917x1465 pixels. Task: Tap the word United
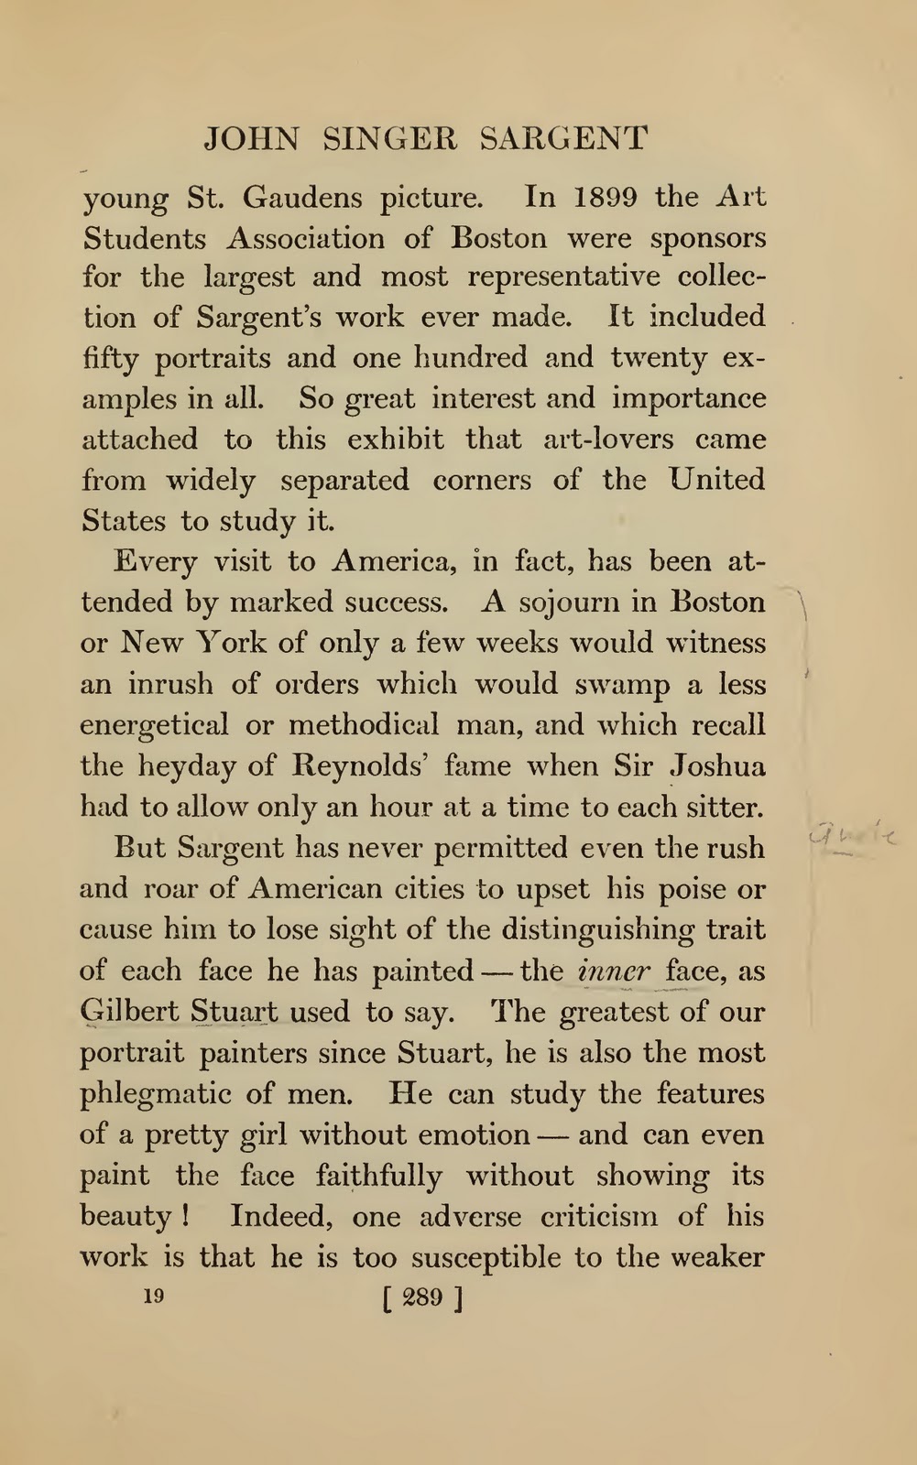coord(717,479)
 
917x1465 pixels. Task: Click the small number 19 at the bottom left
coord(153,1296)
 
